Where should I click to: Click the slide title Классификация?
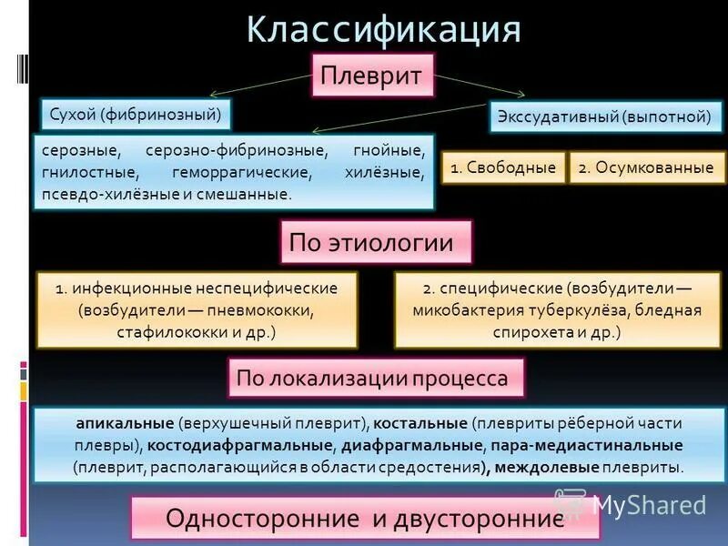pyautogui.click(x=383, y=29)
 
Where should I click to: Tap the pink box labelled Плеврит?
pyautogui.click(x=373, y=76)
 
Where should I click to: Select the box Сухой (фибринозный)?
pyautogui.click(x=136, y=115)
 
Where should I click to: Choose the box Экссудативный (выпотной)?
pyautogui.click(x=602, y=116)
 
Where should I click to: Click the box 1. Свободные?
pyautogui.click(x=503, y=168)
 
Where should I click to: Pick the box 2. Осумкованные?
pyautogui.click(x=647, y=168)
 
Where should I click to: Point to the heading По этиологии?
pyautogui.click(x=376, y=243)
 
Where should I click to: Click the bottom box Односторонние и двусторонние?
pyautogui.click(x=365, y=518)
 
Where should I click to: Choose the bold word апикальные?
pyautogui.click(x=126, y=423)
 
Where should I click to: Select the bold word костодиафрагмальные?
pyautogui.click(x=239, y=445)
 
